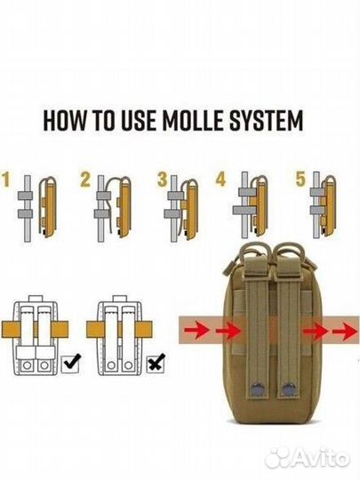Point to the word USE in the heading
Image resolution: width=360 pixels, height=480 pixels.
[x=139, y=120]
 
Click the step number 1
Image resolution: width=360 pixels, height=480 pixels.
[x=6, y=180]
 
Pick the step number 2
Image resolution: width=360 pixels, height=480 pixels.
[x=85, y=180]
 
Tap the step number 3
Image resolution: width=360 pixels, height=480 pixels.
[x=163, y=180]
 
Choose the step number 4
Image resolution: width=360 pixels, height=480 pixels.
[x=220, y=180]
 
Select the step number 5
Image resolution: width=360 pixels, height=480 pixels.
[x=300, y=180]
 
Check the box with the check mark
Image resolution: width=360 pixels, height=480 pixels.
[x=71, y=364]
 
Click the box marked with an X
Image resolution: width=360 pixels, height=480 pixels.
[x=156, y=364]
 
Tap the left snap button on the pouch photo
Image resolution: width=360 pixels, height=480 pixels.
[x=259, y=389]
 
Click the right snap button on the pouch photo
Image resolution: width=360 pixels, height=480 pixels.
[x=288, y=389]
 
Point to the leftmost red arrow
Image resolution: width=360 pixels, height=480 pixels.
[x=196, y=331]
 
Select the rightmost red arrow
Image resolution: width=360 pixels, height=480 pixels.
[x=345, y=332]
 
